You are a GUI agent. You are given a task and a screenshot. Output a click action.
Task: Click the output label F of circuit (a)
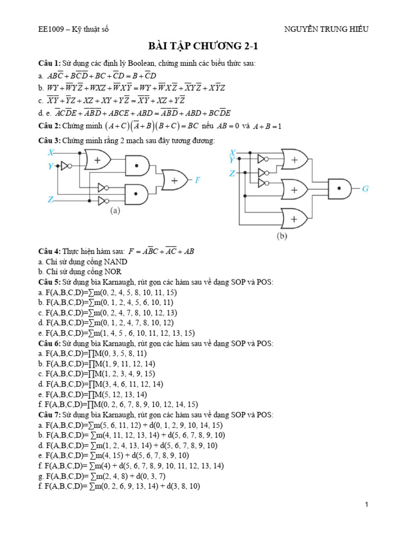point(197,180)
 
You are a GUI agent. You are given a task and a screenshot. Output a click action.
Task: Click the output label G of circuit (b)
point(365,188)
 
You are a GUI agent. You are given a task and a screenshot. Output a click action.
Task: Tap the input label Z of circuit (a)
point(50,200)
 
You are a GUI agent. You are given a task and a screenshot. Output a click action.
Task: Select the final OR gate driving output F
point(174,180)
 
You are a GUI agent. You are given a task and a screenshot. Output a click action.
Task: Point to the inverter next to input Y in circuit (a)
point(66,166)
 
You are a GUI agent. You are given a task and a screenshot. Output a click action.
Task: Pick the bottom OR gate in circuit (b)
point(296,218)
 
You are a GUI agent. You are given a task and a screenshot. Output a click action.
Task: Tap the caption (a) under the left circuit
point(115,211)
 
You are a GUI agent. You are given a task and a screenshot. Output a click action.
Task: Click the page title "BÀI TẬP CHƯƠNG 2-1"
point(203,48)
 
